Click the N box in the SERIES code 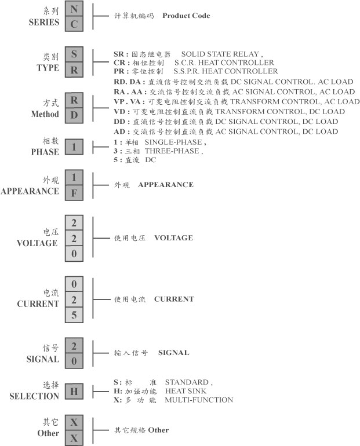point(74,9)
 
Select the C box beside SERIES point(74,24)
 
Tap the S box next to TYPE point(74,54)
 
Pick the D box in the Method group point(74,115)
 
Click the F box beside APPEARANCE point(74,193)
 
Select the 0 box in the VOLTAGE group point(74,254)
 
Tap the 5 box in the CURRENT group point(74,315)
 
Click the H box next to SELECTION point(74,392)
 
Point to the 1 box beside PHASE point(74,147)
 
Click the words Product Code point(186,16)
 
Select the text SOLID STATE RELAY point(220,54)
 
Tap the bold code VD point(119,111)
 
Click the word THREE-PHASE point(172,151)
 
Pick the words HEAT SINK point(186,391)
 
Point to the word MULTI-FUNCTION point(199,400)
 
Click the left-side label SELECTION point(34,396)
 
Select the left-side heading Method point(45,114)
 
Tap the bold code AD point(119,131)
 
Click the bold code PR point(119,71)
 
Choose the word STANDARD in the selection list point(187,382)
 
